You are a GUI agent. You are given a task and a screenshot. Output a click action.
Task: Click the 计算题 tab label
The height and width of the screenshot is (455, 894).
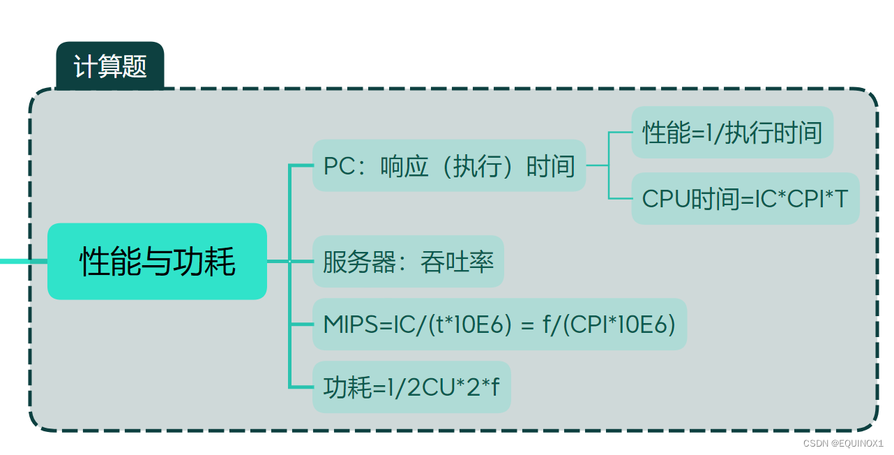(110, 67)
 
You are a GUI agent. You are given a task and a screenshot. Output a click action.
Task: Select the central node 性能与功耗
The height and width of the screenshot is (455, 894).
(157, 261)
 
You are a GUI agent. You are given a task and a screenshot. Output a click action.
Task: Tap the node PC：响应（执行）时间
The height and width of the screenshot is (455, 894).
(448, 166)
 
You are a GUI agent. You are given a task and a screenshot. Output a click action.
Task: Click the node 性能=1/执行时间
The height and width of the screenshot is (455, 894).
(732, 133)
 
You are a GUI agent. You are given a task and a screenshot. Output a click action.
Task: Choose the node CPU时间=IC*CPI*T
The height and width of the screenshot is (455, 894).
(745, 199)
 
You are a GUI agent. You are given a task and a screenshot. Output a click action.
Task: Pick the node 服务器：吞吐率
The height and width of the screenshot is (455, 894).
(408, 262)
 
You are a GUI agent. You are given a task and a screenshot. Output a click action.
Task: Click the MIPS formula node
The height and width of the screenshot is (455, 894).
(499, 325)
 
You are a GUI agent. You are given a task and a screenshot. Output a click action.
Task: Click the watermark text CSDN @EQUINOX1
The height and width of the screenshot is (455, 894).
(843, 443)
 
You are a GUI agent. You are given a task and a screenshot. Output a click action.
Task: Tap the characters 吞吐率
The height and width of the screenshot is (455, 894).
(457, 262)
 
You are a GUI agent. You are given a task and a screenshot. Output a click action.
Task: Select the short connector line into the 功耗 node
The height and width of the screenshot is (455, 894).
(301, 387)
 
